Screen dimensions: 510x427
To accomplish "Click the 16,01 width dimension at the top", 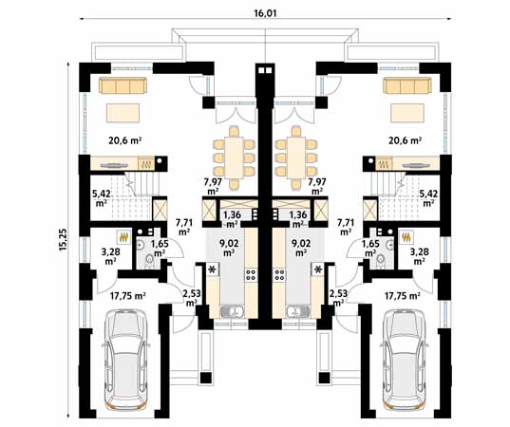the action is point(265,13).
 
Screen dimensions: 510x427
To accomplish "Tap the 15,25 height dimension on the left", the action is point(63,239).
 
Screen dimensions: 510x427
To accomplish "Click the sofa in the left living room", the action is point(123,85).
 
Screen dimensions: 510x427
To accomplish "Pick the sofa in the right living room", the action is point(407,85).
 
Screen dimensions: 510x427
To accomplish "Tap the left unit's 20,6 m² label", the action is point(125,140).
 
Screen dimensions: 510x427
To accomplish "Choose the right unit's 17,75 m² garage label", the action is point(402,296).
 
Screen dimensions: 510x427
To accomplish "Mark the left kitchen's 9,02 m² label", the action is point(229,248).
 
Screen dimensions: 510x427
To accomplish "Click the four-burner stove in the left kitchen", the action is point(251,274).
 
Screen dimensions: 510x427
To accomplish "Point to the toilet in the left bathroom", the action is point(149,261).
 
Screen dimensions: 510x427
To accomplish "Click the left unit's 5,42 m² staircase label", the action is point(102,198).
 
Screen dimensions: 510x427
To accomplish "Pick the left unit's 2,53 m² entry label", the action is point(192,298).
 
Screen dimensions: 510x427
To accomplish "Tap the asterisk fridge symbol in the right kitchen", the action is point(318,269).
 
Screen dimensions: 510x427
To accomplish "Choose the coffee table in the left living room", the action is point(123,113).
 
